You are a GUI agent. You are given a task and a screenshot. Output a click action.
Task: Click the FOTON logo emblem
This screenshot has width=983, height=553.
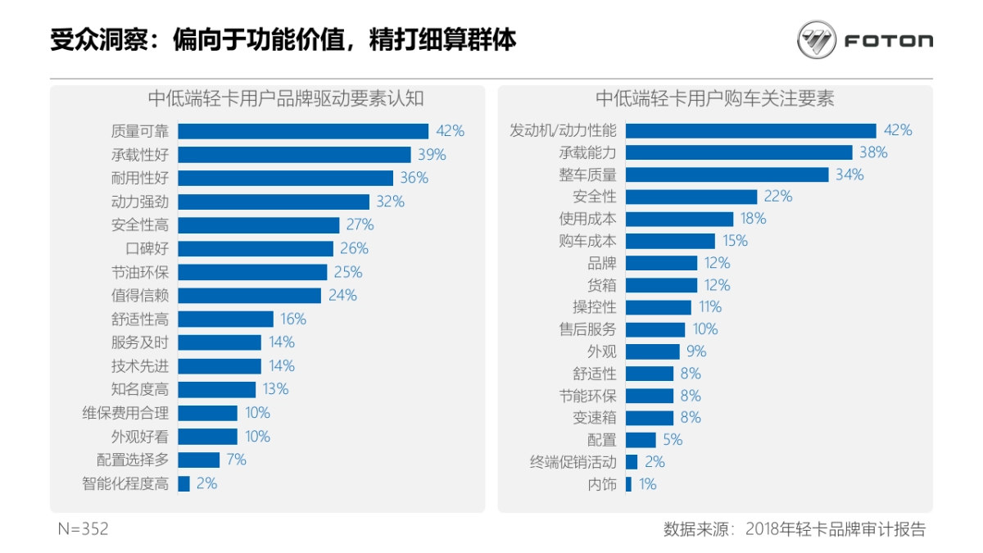tap(817, 40)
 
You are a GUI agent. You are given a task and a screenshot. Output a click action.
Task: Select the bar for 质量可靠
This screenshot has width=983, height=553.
tap(303, 131)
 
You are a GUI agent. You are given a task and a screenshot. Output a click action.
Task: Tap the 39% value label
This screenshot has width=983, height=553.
tap(432, 155)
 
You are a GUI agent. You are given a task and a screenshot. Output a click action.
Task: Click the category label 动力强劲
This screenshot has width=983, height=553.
tap(140, 202)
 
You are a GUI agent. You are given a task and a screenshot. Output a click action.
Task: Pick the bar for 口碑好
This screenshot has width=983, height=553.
tap(256, 248)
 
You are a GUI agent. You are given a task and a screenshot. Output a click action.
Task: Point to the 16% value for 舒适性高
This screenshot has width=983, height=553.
tap(293, 319)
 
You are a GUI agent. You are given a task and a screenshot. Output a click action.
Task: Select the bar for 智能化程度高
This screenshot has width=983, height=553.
tap(184, 483)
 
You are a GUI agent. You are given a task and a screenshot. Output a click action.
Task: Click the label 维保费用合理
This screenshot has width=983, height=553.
tap(125, 413)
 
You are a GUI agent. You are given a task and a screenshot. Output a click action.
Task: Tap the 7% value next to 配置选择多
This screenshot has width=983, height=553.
tap(237, 460)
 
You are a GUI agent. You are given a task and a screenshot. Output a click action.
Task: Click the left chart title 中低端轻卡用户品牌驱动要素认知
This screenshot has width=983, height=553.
tap(286, 98)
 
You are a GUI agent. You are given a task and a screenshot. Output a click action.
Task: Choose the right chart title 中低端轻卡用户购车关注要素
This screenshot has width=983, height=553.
tap(715, 98)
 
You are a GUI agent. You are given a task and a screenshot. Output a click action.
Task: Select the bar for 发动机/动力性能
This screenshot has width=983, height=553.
tap(750, 130)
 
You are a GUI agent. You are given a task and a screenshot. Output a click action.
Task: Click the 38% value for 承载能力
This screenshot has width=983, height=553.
tap(873, 152)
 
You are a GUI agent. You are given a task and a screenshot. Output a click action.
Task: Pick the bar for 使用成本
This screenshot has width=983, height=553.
tap(679, 219)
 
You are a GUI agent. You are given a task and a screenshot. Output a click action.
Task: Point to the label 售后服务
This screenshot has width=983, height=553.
tap(587, 329)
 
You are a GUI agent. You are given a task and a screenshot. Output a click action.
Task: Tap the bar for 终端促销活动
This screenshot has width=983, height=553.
tap(632, 462)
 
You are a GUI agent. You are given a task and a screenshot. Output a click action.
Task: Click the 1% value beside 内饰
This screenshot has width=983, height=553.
tap(648, 484)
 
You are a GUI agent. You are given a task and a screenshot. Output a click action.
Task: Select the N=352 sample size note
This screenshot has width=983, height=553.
tap(83, 529)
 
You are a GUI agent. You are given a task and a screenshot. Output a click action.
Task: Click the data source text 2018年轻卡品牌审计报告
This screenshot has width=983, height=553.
tap(836, 529)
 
